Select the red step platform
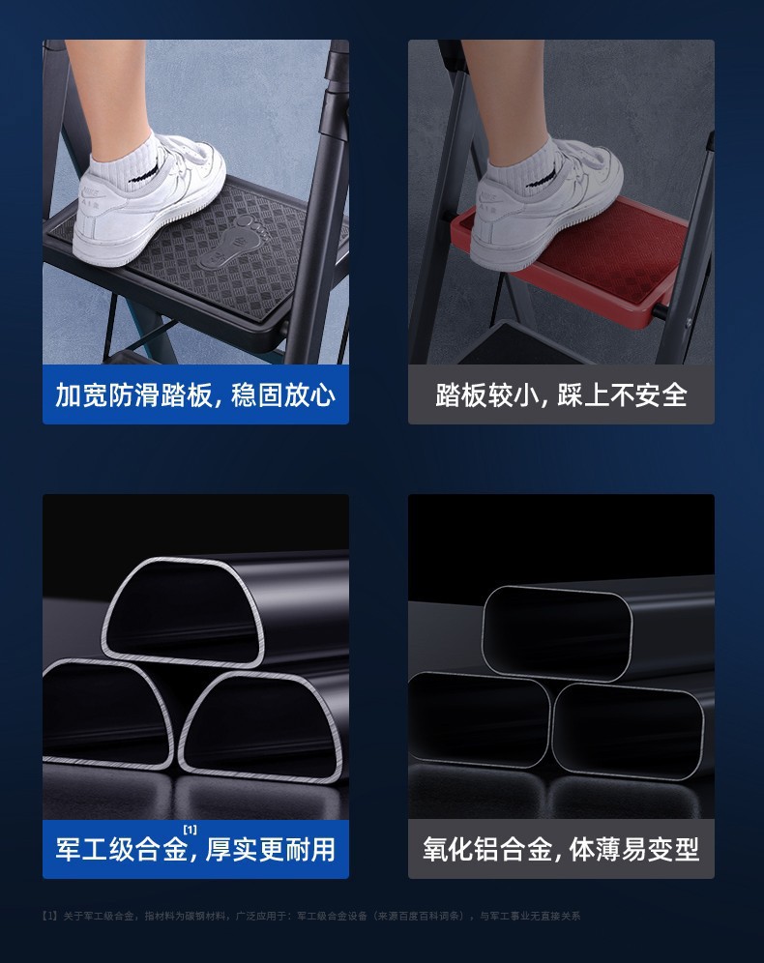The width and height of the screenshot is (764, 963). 619,256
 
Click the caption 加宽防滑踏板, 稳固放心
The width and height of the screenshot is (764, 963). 195,394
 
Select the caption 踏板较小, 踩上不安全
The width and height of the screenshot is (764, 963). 561,394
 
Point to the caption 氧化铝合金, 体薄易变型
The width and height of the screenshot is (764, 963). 561,849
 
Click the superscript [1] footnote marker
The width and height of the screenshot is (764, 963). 190,830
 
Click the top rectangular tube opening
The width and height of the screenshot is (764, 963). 557,633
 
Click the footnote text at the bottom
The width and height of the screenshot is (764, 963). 309,916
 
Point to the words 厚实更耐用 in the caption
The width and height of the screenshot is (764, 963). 271,850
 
